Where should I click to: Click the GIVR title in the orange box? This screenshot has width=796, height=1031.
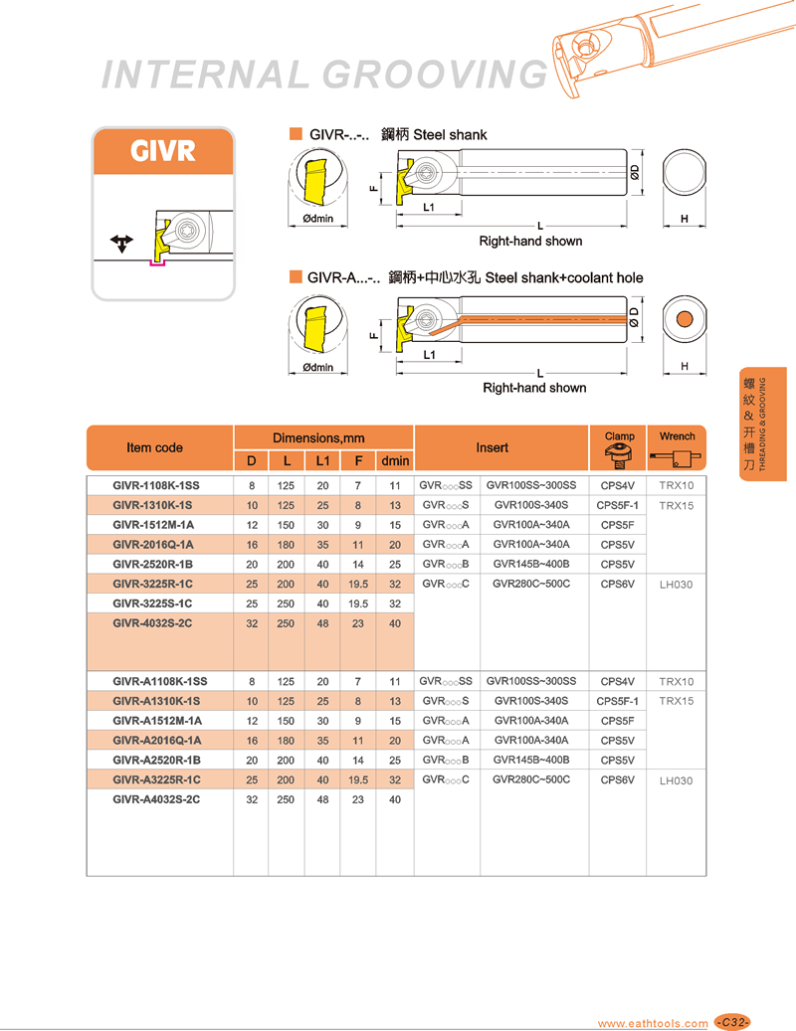pos(163,152)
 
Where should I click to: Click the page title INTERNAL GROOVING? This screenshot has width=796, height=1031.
pos(325,75)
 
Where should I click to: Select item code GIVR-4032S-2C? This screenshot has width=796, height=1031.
pos(152,623)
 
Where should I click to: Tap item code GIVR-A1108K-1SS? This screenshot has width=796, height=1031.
pos(160,681)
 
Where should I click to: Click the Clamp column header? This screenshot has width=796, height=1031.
pos(619,436)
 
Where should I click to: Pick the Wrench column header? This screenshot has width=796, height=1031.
pos(677,436)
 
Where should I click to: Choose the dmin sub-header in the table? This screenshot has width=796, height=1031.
pos(395,460)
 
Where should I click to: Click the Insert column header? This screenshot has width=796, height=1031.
pos(492,447)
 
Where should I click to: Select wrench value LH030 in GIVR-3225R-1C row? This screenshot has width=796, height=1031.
pos(676,585)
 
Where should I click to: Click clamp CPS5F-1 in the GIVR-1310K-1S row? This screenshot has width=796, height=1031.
pos(617,505)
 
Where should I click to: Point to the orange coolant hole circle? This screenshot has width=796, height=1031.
pos(685,319)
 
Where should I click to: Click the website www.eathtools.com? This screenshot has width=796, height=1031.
pos(653,1023)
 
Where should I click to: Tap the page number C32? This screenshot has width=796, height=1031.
pos(733,1022)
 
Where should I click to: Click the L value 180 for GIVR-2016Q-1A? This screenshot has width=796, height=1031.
pos(287,545)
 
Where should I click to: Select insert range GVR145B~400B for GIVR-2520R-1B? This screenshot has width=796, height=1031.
pos(531,565)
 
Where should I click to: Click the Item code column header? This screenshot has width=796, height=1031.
pos(155,447)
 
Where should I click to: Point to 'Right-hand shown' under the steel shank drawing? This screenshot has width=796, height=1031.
pos(530,241)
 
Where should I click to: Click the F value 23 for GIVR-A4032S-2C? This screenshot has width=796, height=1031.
pos(358,799)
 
